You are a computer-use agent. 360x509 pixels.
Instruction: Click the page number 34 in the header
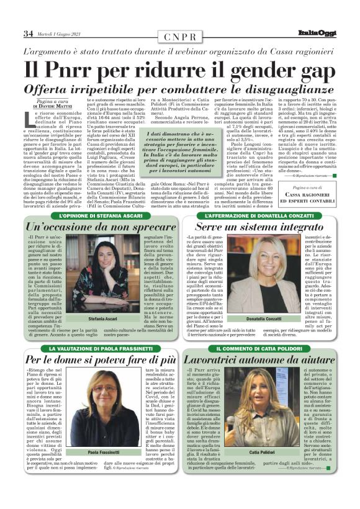[x=28, y=34]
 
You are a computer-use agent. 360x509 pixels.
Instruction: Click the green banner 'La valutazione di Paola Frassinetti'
[x=99, y=349]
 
